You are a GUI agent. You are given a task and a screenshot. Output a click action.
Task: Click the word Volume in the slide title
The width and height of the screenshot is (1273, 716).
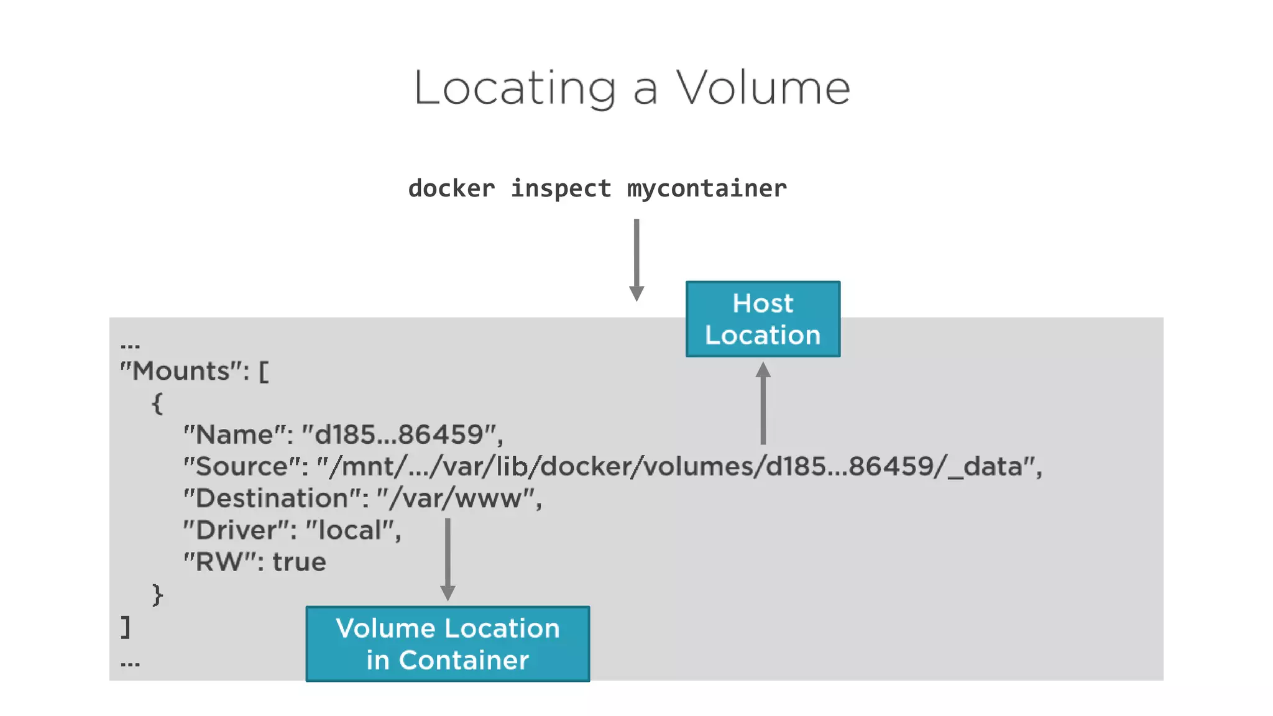tap(763, 88)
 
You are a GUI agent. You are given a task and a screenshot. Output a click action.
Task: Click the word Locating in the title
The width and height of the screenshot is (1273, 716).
tap(515, 88)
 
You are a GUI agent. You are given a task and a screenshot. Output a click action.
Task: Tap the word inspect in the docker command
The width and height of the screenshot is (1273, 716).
tap(561, 188)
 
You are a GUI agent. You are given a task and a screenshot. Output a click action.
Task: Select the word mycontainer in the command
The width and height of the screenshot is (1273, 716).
tap(707, 188)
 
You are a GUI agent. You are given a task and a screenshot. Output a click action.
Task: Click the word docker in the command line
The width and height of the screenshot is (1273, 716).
tap(451, 188)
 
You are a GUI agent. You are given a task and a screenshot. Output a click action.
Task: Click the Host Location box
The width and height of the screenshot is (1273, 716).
tap(763, 319)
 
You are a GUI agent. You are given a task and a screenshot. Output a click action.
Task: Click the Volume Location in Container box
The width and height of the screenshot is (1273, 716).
tap(448, 644)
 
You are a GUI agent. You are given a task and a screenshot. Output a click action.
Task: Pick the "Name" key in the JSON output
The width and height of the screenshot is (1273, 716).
tap(237, 434)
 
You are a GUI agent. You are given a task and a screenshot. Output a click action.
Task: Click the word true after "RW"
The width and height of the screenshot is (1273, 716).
tap(299, 562)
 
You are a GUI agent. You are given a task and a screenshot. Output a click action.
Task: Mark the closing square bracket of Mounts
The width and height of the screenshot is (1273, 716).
tap(126, 626)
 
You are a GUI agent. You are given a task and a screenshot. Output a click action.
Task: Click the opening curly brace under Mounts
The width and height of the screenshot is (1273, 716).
tap(157, 403)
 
